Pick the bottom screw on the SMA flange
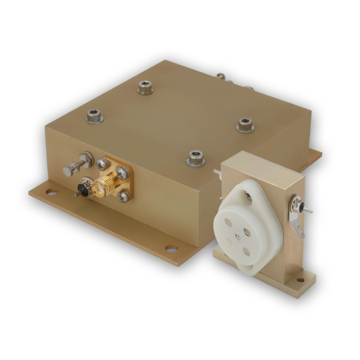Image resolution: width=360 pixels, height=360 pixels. pyautogui.click(x=122, y=195)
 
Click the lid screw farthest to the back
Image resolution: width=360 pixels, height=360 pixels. pyautogui.click(x=145, y=87)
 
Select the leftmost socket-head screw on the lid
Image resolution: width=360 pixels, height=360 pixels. pyautogui.click(x=94, y=116)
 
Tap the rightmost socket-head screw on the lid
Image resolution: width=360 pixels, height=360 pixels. pyautogui.click(x=245, y=124)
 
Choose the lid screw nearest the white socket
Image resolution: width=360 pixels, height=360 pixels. pyautogui.click(x=196, y=157)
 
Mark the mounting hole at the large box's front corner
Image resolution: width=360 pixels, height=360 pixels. pyautogui.click(x=171, y=248)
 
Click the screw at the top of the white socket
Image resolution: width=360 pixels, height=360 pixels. pyautogui.click(x=247, y=194)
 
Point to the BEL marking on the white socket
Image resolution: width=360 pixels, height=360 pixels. pyautogui.click(x=247, y=231)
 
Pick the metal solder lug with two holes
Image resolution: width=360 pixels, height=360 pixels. pyautogui.click(x=297, y=225)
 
